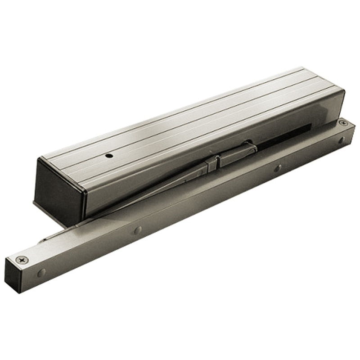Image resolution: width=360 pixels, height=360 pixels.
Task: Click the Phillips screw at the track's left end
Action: point(22,260)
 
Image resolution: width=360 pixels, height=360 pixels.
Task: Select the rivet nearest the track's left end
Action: point(41,273)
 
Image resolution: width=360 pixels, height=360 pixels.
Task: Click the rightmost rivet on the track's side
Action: point(341,140)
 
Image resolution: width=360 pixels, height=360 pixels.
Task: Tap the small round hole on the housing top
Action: point(108,157)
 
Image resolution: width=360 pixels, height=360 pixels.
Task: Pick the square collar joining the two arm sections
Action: point(213,163)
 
